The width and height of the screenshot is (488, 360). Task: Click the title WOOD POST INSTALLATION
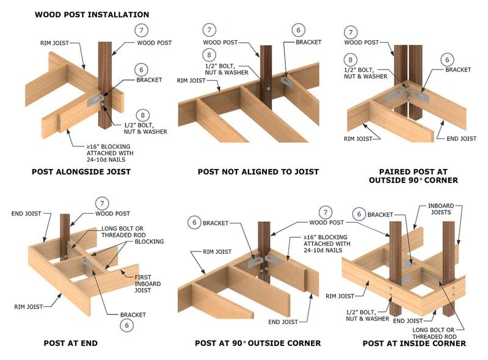coord(92,14)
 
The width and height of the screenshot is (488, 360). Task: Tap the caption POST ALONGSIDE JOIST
coord(81,172)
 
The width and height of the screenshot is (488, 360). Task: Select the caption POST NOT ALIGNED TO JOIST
coord(258,172)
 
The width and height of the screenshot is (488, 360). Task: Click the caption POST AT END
coord(71,344)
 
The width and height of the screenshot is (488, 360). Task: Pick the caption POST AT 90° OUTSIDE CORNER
coord(258,344)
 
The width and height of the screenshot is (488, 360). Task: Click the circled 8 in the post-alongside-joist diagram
coord(142,114)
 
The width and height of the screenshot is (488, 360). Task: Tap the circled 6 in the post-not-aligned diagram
coord(299,30)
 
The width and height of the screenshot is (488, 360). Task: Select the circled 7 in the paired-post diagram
coord(351,32)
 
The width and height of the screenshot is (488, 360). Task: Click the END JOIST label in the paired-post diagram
coord(461,139)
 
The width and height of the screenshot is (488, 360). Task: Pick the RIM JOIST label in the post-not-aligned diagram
coord(191,80)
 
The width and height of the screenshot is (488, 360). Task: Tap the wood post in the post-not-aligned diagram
coord(266,73)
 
